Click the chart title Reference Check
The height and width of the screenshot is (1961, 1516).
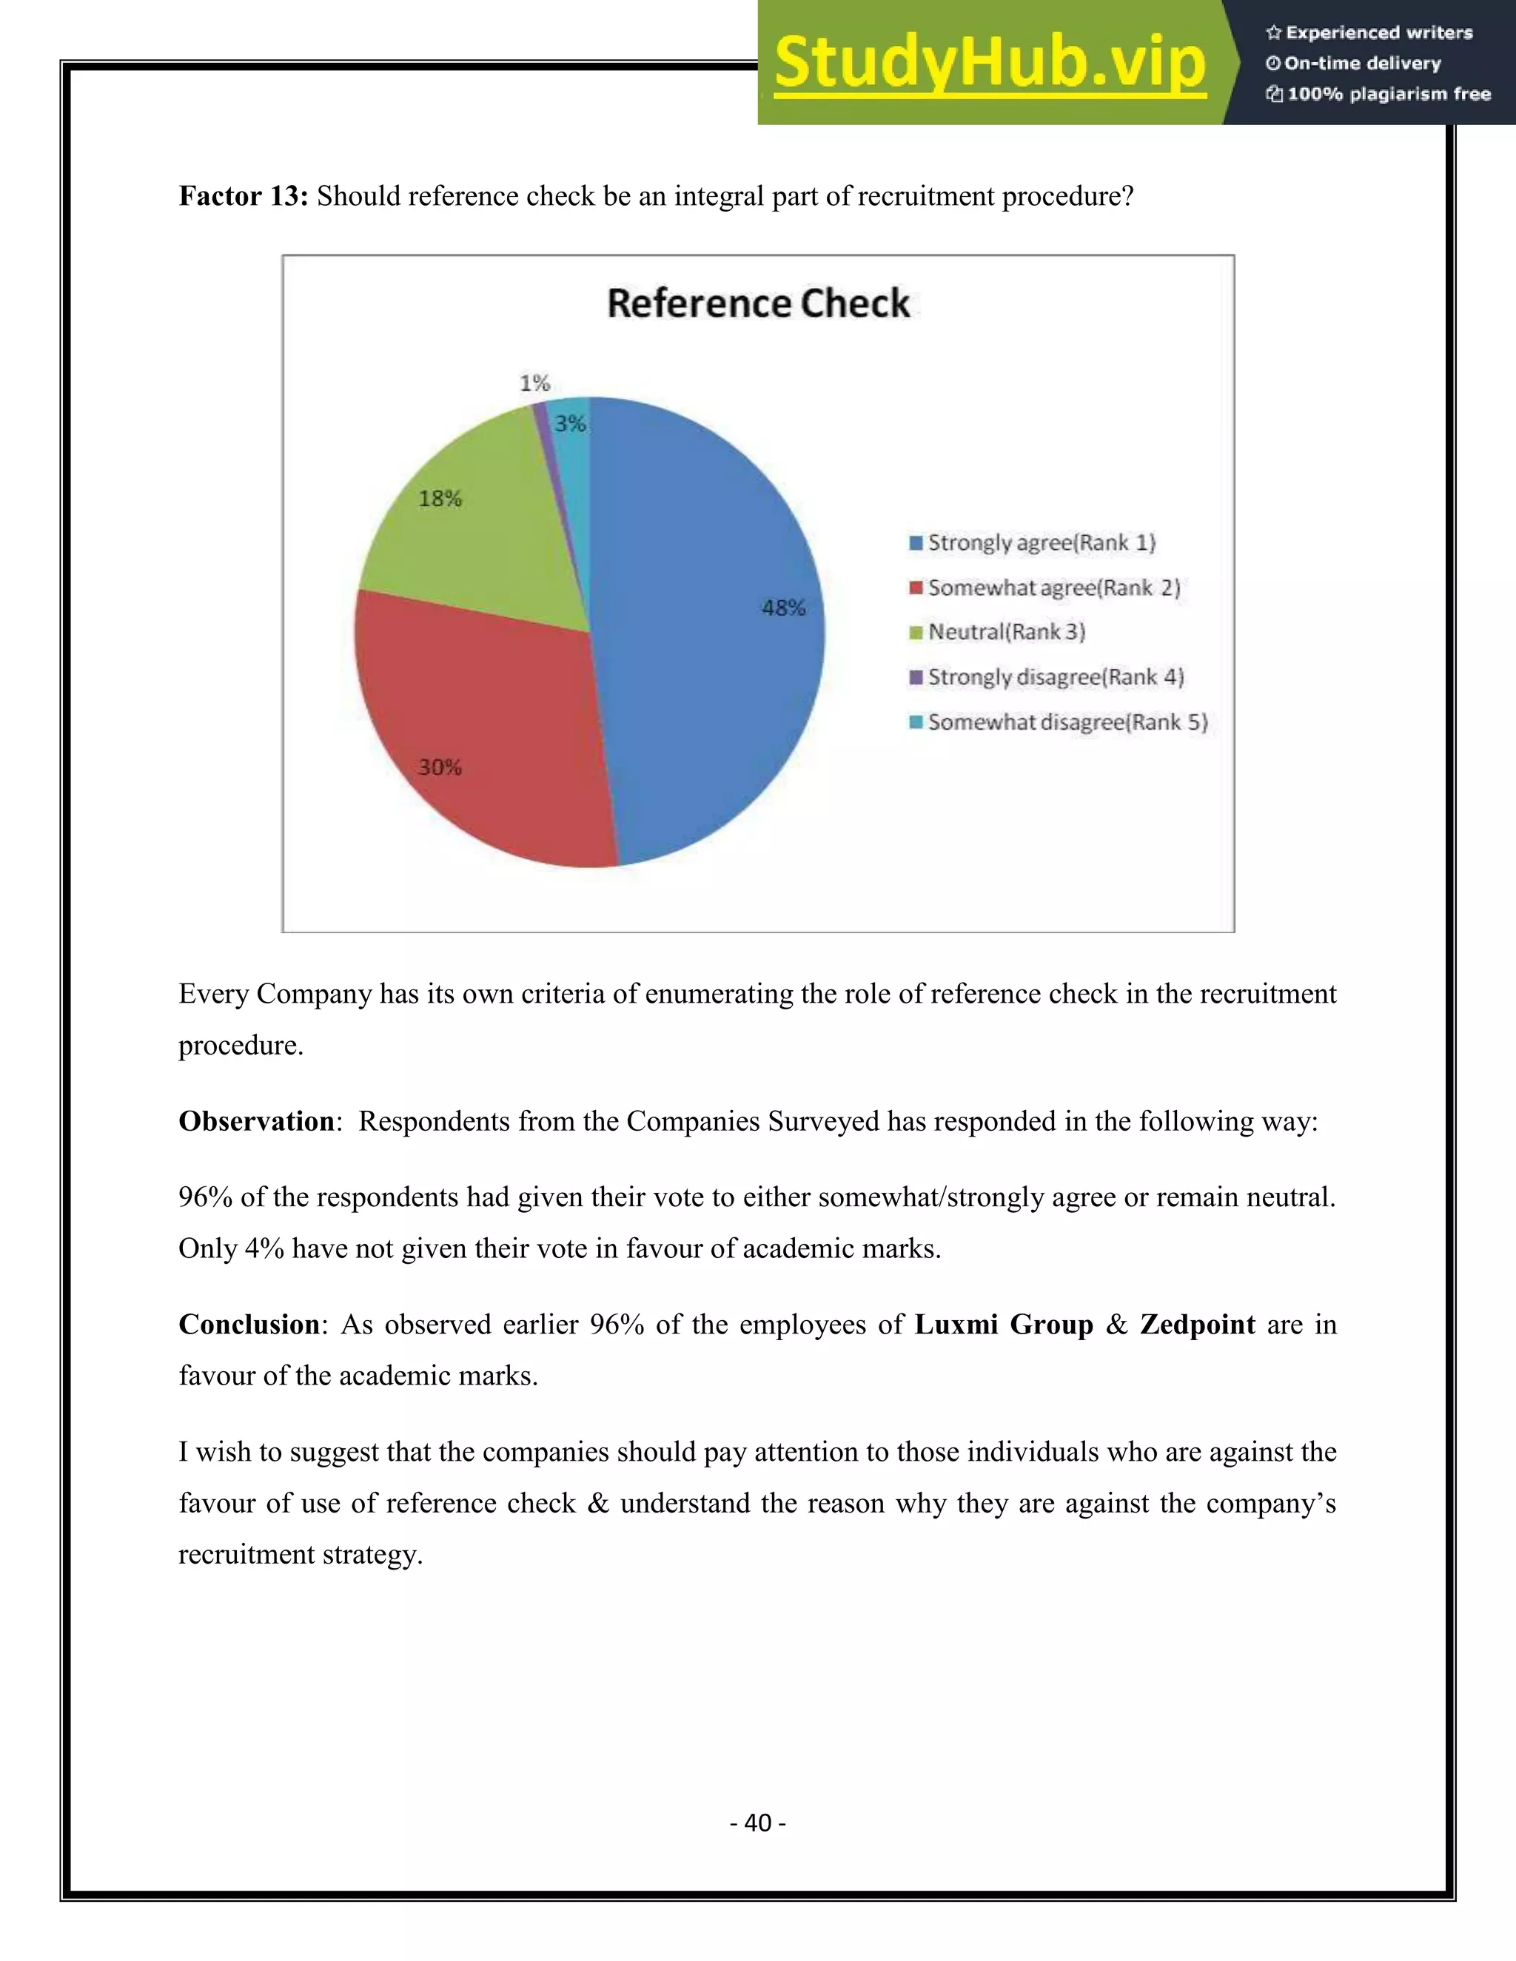coord(758,303)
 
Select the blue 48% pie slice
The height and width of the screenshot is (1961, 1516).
coord(709,647)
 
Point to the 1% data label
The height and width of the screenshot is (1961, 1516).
coord(534,383)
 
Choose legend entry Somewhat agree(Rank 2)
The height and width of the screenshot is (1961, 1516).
coord(1053,588)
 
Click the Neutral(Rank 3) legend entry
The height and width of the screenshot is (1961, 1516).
coord(1006,632)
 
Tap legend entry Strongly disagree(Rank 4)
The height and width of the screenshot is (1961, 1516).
coord(1056,677)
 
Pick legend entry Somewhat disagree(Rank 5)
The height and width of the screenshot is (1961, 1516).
coord(1067,722)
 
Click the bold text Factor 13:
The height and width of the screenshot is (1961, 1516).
coord(244,196)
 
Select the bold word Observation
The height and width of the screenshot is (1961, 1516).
coord(257,1120)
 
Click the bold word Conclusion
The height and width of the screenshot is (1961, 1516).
coord(249,1325)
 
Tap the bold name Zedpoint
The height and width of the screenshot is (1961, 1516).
coord(1197,1325)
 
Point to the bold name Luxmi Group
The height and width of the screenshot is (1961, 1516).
coord(1003,1325)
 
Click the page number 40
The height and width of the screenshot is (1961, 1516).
coord(758,1822)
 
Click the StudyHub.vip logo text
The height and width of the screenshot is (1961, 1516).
coord(989,63)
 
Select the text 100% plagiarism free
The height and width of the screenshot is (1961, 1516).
coord(1388,94)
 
